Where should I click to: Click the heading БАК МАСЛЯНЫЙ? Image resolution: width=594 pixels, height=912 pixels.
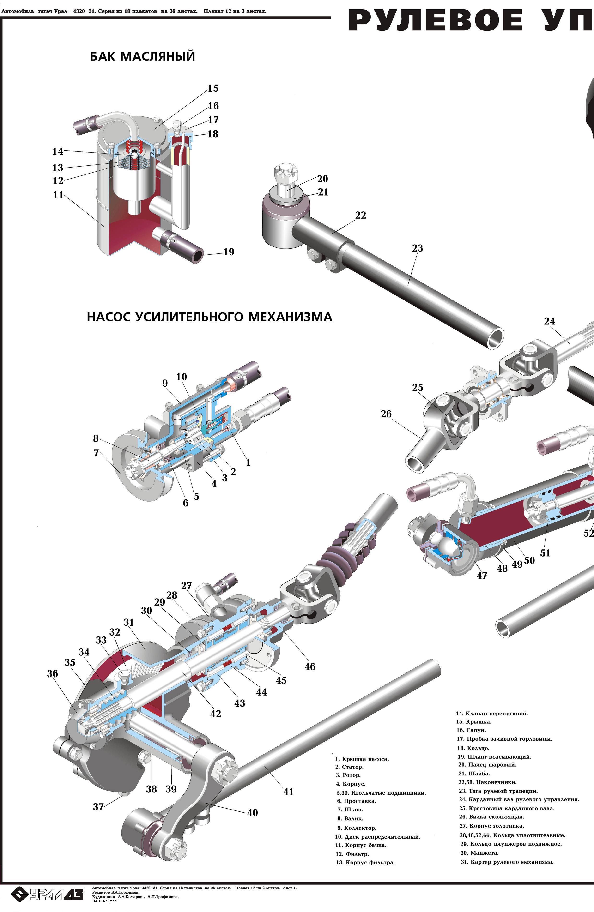[143, 57]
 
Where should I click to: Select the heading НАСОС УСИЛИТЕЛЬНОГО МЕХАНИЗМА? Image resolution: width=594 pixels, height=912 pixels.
[210, 317]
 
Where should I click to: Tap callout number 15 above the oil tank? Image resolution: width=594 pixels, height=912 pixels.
[213, 89]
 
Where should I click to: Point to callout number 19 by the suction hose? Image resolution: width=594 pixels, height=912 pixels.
[229, 252]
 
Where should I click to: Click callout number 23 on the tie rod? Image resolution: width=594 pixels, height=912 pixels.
[417, 248]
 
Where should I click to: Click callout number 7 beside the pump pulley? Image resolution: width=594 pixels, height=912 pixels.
[96, 453]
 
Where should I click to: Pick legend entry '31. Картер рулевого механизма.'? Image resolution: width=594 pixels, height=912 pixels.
[507, 862]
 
